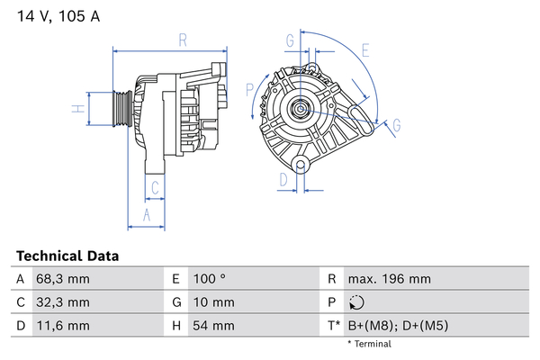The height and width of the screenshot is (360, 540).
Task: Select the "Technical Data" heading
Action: click(67, 256)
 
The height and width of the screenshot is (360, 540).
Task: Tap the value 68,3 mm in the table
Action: click(65, 279)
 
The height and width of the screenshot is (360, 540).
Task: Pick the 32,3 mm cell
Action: click(65, 301)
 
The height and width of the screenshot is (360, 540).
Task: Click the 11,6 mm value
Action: click(65, 325)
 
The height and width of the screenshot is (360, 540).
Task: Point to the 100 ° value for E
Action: click(211, 279)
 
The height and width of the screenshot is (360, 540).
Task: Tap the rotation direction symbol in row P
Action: click(357, 302)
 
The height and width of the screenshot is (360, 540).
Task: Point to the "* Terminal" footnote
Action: click(369, 344)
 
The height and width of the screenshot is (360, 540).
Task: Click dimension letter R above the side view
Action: click(182, 40)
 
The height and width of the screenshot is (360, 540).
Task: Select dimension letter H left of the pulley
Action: click(78, 110)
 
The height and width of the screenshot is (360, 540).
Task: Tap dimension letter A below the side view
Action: click(146, 214)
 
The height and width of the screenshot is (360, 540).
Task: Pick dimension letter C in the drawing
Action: click(155, 188)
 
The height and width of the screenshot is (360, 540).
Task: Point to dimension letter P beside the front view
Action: click(250, 88)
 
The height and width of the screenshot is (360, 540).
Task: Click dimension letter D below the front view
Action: click(283, 179)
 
